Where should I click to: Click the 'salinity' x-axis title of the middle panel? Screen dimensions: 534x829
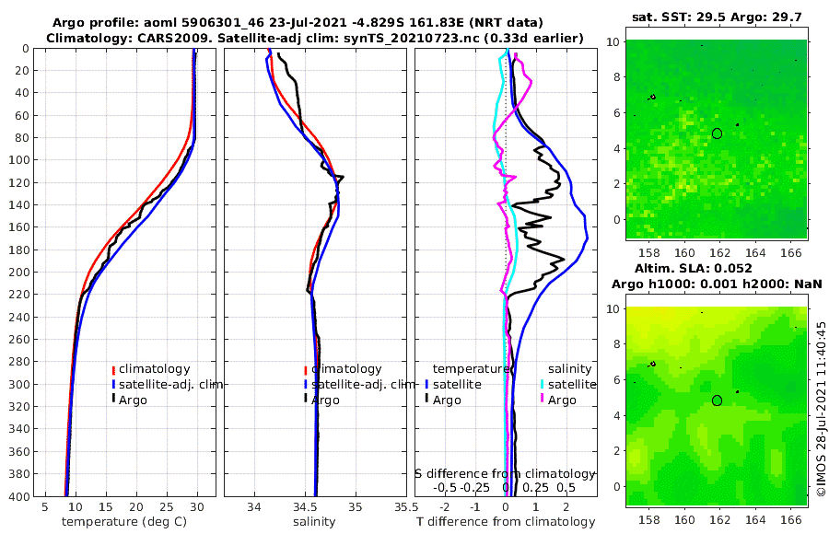tap(314, 522)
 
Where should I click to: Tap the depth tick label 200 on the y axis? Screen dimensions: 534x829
tap(18, 272)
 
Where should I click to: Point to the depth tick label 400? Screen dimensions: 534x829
tap(18, 496)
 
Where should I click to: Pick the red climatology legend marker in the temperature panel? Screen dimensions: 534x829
tap(114, 370)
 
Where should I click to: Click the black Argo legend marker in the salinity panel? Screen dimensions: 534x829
tap(305, 400)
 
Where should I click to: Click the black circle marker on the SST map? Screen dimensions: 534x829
tap(718, 133)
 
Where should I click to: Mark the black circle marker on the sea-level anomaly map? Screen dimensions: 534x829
tap(718, 400)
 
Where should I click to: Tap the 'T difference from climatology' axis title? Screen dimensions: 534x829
tap(506, 522)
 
